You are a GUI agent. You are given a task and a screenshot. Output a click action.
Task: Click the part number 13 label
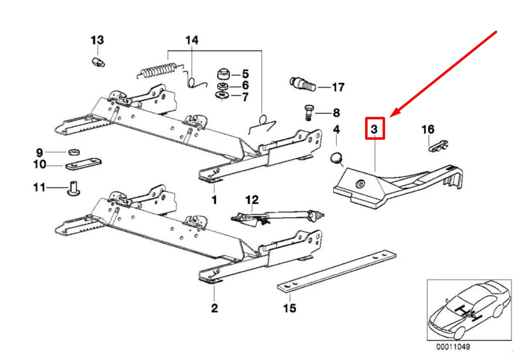pyautogui.click(x=97, y=40)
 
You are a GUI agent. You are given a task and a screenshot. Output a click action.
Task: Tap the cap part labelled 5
pyautogui.click(x=224, y=74)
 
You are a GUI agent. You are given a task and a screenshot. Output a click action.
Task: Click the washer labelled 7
pyautogui.click(x=222, y=96)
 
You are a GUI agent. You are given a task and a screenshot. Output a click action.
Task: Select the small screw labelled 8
pyautogui.click(x=308, y=113)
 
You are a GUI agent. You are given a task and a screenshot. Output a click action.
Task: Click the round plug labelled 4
pyautogui.click(x=337, y=158)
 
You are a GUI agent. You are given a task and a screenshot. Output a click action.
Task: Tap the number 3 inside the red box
pyautogui.click(x=374, y=129)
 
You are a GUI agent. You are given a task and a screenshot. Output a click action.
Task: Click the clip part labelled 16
pyautogui.click(x=438, y=146)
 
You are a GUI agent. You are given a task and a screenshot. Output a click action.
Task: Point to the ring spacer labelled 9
pyautogui.click(x=74, y=152)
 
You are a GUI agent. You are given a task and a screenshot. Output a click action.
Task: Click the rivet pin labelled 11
pyautogui.click(x=74, y=188)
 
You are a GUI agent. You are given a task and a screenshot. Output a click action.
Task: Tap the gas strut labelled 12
pyautogui.click(x=277, y=217)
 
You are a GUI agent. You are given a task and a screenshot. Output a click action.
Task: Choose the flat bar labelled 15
pyautogui.click(x=336, y=272)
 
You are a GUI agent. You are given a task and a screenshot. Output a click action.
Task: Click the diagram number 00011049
pyautogui.click(x=453, y=347)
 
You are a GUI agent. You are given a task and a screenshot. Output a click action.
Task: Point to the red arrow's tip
pyautogui.click(x=390, y=116)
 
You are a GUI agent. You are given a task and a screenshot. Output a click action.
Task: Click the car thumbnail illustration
pyautogui.click(x=469, y=310)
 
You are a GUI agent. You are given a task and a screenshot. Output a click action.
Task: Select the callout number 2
pyautogui.click(x=215, y=308)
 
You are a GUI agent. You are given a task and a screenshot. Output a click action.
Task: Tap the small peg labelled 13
pyautogui.click(x=98, y=62)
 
